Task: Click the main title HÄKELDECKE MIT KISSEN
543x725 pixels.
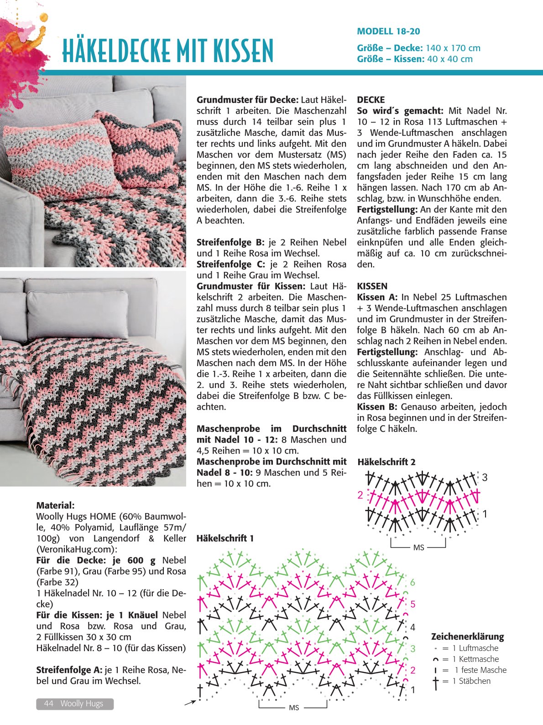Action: (x=167, y=51)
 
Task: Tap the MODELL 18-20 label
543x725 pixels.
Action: (x=388, y=32)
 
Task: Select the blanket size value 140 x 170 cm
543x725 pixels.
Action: (x=453, y=48)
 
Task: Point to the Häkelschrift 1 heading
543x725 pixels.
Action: (x=225, y=538)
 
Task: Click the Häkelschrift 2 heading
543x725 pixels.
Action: (x=386, y=462)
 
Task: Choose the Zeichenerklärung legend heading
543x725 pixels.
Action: (x=467, y=636)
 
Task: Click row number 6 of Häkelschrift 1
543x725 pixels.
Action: (x=412, y=582)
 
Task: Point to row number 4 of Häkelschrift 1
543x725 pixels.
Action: (x=412, y=627)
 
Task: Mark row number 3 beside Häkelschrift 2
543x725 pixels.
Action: (x=485, y=477)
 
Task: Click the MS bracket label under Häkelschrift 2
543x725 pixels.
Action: (x=418, y=547)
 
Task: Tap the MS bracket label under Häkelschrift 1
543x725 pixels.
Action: (x=294, y=708)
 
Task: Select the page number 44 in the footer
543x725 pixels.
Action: (x=49, y=704)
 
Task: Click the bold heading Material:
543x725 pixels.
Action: (x=55, y=505)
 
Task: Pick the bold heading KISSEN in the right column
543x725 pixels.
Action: (x=372, y=286)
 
